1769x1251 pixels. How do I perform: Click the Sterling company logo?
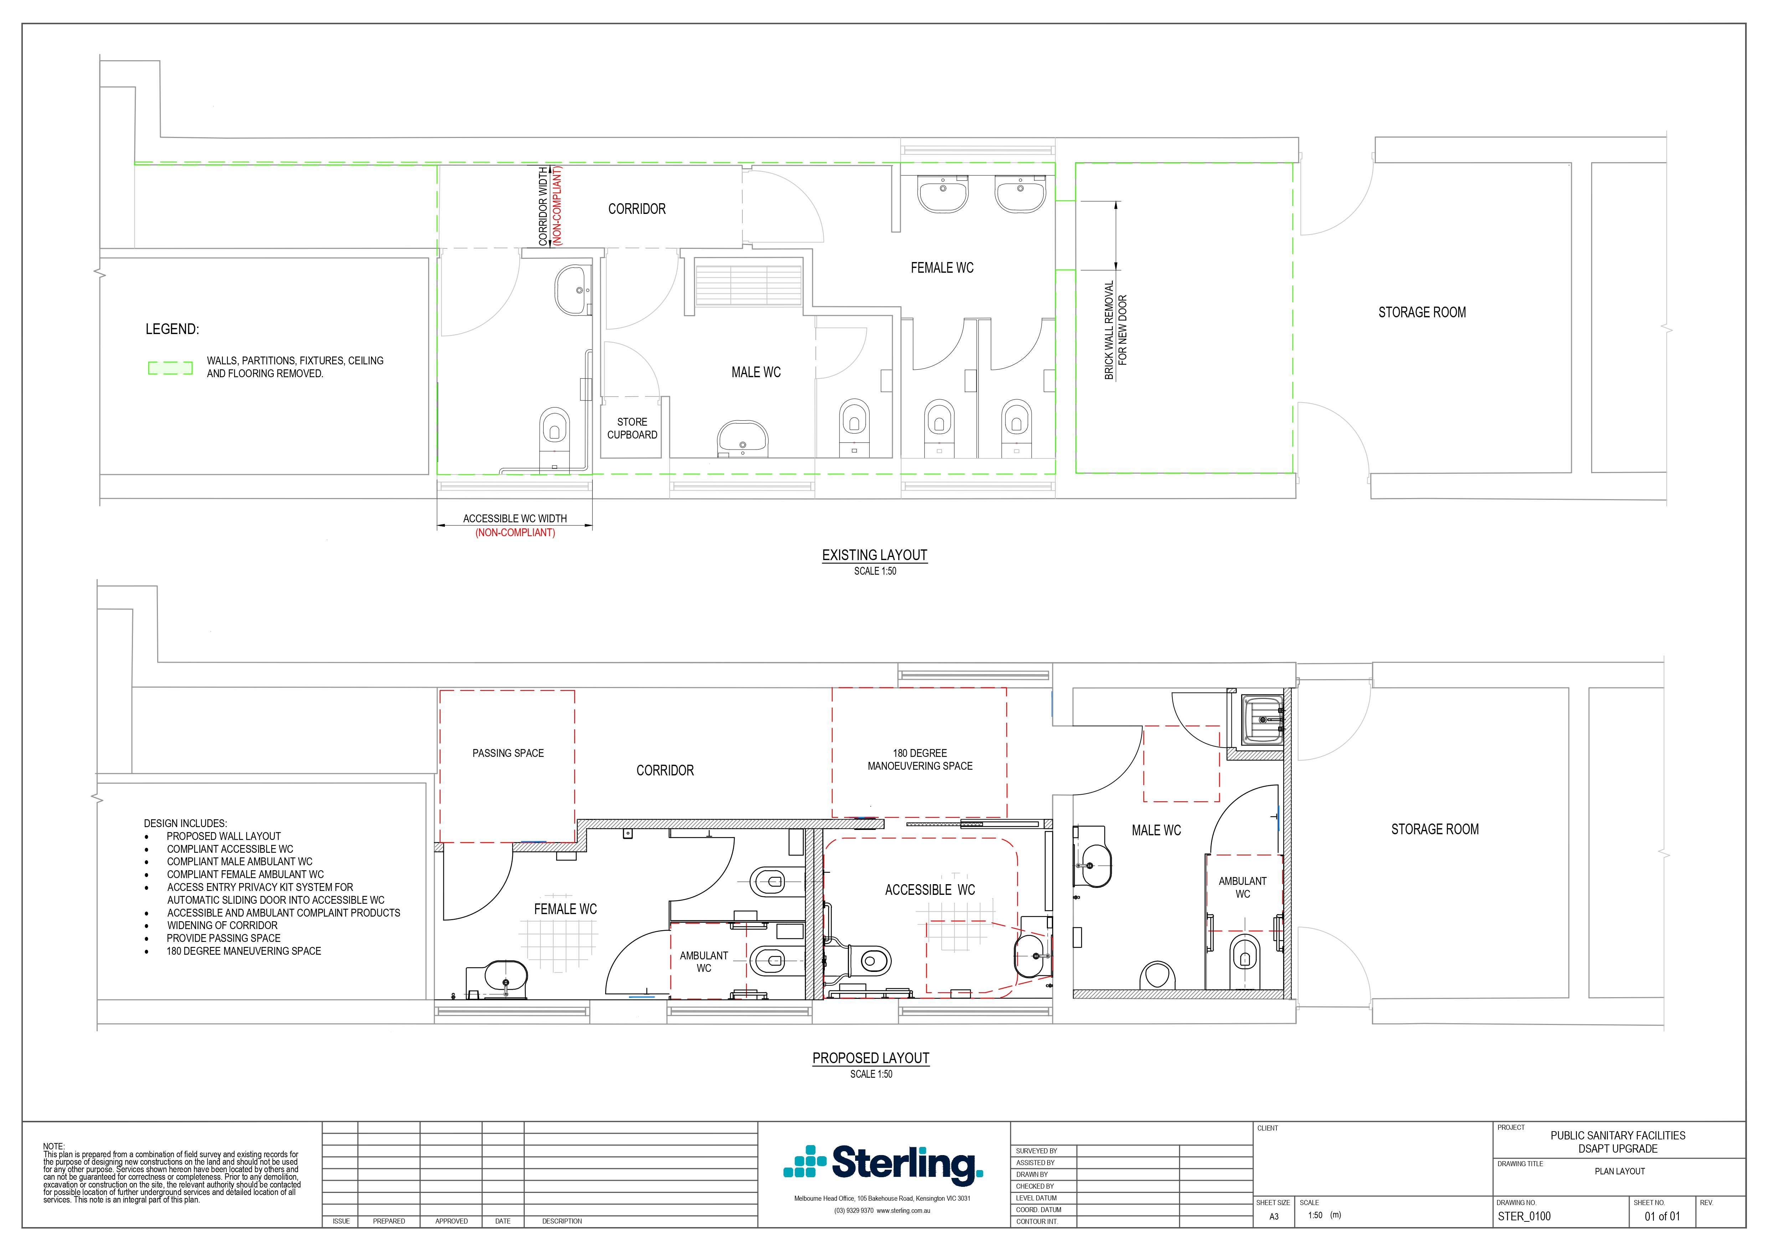[x=883, y=1164]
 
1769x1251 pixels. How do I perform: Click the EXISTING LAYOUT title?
[x=874, y=555]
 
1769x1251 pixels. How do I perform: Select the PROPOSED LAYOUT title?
[x=871, y=1058]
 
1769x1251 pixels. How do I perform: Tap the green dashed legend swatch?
[x=170, y=368]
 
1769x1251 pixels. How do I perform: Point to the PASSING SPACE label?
[x=508, y=753]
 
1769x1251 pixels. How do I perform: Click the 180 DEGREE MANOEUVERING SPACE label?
[x=920, y=759]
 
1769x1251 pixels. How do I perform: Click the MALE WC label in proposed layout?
[x=1156, y=830]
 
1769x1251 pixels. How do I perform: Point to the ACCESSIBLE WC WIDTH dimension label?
[x=515, y=519]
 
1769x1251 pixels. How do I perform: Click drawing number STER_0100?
[x=1524, y=1216]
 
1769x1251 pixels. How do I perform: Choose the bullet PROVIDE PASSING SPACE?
[x=223, y=938]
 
